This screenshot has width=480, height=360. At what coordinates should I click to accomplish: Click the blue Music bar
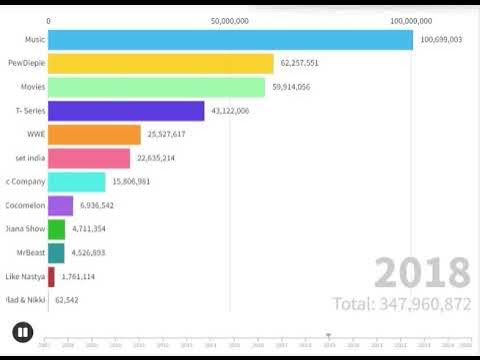(x=230, y=40)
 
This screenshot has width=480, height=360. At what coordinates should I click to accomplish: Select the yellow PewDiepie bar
(x=160, y=63)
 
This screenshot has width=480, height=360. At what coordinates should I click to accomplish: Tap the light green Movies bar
(x=156, y=87)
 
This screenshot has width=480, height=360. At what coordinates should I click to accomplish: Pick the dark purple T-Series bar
(x=126, y=111)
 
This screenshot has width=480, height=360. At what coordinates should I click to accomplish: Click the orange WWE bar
(x=94, y=134)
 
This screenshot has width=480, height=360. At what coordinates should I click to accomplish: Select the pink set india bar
(x=89, y=158)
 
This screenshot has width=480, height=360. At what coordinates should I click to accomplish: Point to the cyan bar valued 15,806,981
(x=77, y=182)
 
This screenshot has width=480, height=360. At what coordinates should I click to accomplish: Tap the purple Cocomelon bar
(x=60, y=205)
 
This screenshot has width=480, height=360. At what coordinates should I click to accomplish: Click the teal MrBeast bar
(x=56, y=253)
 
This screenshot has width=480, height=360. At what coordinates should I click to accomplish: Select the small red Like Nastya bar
(x=51, y=276)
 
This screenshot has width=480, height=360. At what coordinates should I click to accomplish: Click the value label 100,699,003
(x=441, y=40)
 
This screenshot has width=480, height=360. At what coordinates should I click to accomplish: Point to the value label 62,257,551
(x=300, y=63)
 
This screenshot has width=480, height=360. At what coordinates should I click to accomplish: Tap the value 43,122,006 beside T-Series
(x=230, y=111)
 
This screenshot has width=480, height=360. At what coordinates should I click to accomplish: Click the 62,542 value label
(x=67, y=300)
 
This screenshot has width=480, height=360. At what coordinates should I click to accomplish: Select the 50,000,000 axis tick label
(x=230, y=20)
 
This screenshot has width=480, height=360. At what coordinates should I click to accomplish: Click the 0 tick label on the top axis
(x=48, y=20)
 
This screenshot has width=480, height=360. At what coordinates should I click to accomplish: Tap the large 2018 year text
(x=423, y=273)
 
